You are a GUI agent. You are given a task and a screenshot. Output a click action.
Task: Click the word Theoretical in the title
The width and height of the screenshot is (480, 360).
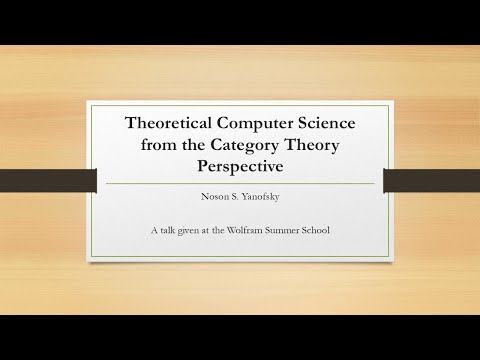[165, 123]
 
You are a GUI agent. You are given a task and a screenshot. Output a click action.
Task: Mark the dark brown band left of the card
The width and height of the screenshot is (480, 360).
[46, 183]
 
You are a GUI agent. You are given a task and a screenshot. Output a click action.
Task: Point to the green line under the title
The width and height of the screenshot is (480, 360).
[239, 184]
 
